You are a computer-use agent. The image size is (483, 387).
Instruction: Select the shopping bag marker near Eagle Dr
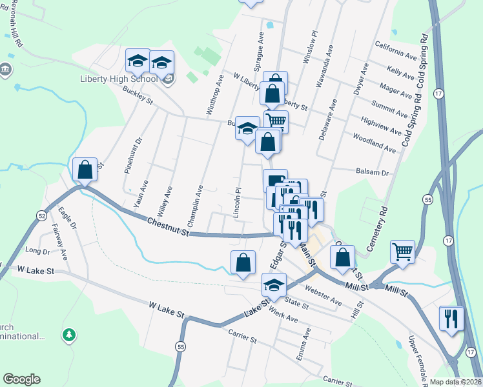coord(85,170)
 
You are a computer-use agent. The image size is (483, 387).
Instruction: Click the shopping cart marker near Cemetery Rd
coord(402,252)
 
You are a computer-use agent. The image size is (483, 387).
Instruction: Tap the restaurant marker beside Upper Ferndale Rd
coord(451,319)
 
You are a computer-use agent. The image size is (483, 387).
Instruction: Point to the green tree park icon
coord(69,335)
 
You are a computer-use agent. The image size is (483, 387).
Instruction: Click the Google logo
coord(21,379)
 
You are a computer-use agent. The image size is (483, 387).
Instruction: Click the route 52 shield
coord(42,214)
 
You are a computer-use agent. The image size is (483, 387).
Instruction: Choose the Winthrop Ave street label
coord(215,95)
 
